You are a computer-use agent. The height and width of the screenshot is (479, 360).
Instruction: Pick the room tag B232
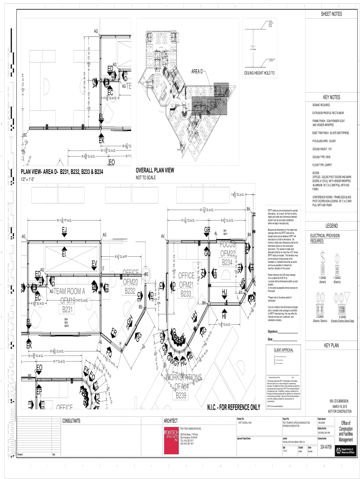click(x=130, y=291)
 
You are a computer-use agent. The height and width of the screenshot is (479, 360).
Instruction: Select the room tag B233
click(x=186, y=294)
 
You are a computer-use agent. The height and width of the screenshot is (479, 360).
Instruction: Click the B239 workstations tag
click(x=182, y=396)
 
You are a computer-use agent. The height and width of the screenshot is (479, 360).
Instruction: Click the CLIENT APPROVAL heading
click(x=283, y=350)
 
